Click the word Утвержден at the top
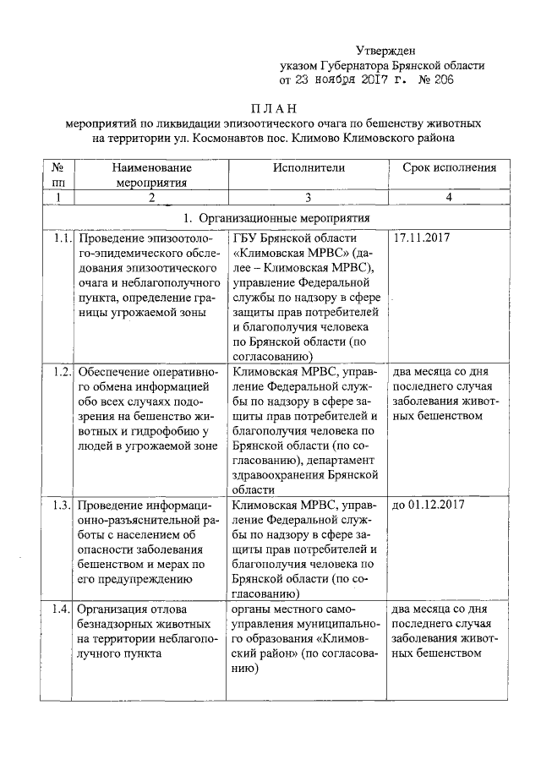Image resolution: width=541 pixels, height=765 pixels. (x=385, y=51)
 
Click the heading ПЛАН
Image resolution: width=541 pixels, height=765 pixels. (x=276, y=108)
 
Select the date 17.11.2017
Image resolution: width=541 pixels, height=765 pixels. (x=422, y=238)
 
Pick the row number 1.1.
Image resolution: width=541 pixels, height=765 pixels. (x=59, y=238)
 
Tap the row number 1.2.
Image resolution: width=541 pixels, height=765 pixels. (x=59, y=372)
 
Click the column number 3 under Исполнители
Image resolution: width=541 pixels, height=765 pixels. (x=309, y=197)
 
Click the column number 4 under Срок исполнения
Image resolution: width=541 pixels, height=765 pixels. (x=450, y=197)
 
